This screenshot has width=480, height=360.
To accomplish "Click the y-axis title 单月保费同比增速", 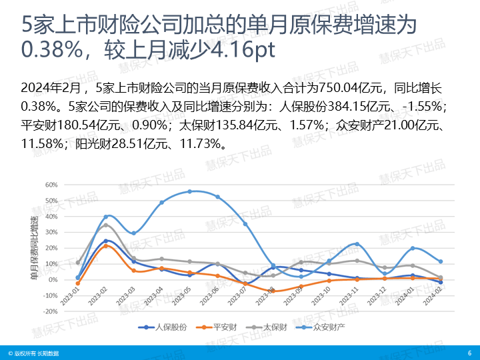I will point(33,247).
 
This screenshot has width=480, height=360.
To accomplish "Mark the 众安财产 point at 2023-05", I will point(189,191).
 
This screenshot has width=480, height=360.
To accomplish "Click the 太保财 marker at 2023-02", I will point(105,225).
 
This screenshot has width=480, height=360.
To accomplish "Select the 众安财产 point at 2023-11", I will point(357,244).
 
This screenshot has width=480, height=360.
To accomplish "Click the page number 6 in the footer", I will point(469,353).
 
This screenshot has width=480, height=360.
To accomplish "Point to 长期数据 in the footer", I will point(47,353).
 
